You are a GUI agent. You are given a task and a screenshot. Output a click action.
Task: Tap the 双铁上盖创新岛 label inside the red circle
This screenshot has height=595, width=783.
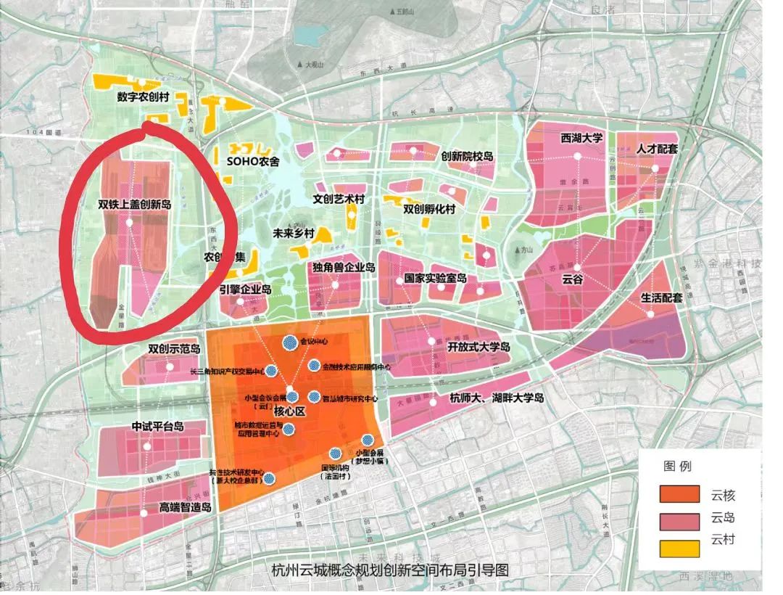tap(135, 205)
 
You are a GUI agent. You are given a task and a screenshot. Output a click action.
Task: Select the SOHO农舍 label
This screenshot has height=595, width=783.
tap(253, 162)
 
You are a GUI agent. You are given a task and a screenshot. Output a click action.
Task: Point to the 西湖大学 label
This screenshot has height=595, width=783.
tap(561, 138)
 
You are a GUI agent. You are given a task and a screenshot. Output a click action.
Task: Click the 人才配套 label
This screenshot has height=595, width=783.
tap(657, 149)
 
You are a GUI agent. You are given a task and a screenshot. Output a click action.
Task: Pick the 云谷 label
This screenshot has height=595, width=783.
tap(572, 279)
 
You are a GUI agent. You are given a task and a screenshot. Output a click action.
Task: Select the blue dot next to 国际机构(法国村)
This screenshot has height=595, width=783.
tap(335, 454)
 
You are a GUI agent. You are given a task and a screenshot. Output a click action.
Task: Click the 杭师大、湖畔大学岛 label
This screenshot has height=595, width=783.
tap(497, 398)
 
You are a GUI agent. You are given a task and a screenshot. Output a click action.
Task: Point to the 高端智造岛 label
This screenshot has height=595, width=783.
tap(185, 507)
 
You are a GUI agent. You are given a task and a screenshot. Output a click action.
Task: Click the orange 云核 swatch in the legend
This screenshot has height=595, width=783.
tap(679, 496)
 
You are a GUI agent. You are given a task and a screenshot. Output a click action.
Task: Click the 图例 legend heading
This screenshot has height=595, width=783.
tap(675, 465)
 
